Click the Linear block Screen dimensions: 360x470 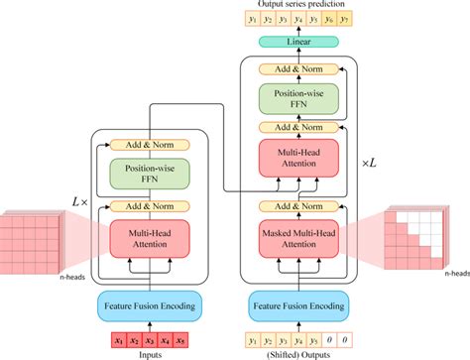click(x=298, y=43)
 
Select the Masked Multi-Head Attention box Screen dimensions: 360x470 click(x=298, y=239)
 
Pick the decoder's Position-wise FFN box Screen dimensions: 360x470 click(x=298, y=97)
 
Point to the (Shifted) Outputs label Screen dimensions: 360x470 click(x=298, y=353)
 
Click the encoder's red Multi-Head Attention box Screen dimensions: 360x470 click(x=148, y=238)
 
